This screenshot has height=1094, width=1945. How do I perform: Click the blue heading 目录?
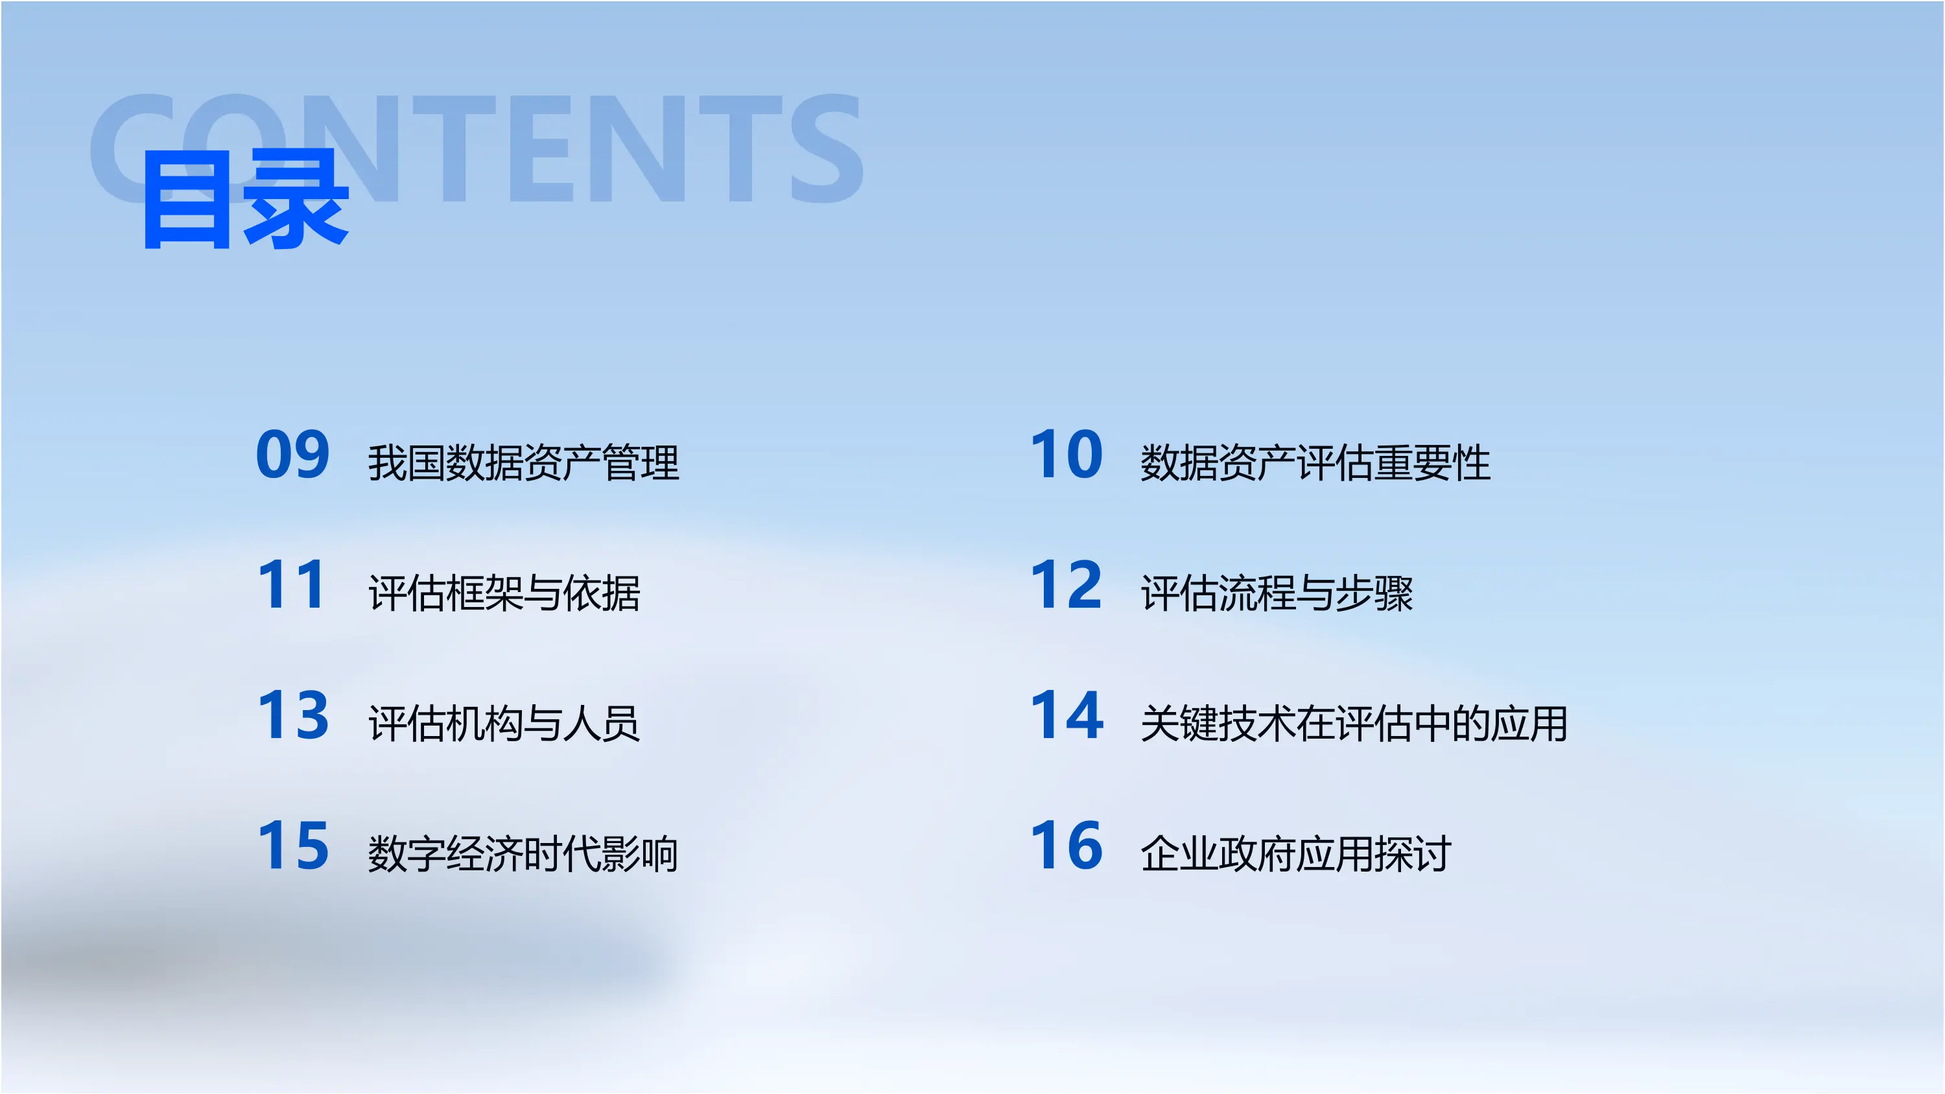click(x=245, y=200)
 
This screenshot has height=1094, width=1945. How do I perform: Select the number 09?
click(x=293, y=455)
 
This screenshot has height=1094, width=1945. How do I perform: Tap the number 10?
click(x=1067, y=455)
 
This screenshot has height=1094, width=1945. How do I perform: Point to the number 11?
click(x=293, y=585)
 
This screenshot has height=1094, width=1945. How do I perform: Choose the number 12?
click(x=1067, y=585)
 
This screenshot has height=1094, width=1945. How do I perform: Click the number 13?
click(x=293, y=716)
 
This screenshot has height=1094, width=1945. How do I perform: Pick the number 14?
click(x=1067, y=716)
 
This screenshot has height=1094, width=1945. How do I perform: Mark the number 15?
click(x=293, y=846)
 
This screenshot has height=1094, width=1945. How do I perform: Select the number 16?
click(x=1067, y=846)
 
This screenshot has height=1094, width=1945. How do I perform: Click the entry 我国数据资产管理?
click(x=523, y=463)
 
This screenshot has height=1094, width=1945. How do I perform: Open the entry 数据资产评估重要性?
click(x=1315, y=463)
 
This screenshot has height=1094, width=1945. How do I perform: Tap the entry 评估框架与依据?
click(x=504, y=593)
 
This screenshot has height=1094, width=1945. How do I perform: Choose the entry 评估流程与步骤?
click(x=1277, y=593)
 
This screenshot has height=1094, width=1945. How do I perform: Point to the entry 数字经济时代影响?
click(x=523, y=855)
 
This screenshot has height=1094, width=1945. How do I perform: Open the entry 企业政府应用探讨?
click(x=1295, y=855)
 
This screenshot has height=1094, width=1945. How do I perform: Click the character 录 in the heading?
click(x=296, y=200)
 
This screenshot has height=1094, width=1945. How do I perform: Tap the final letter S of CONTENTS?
click(x=827, y=149)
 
